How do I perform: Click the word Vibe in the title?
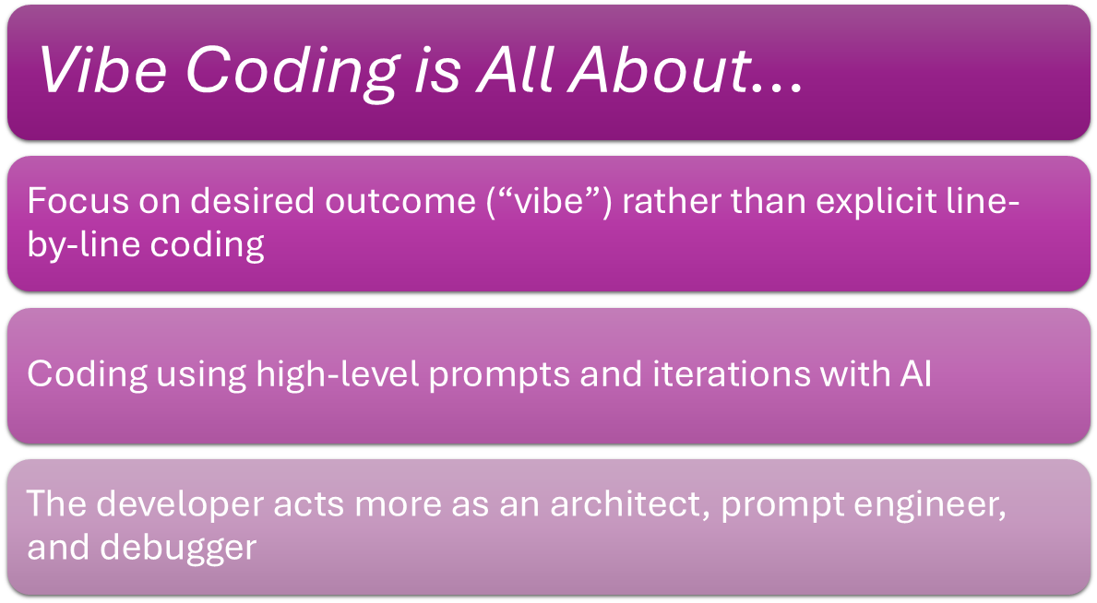click(102, 70)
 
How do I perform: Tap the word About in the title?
click(659, 70)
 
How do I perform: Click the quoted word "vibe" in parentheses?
click(549, 202)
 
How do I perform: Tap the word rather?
click(671, 202)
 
